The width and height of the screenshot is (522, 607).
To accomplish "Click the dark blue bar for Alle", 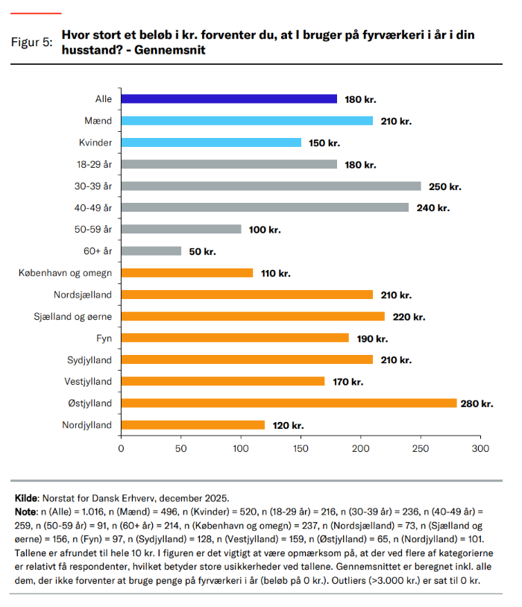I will coord(229,99).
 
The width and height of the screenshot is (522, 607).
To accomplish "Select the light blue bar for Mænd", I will coord(247,121).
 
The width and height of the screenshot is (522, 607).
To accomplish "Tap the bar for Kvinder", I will coord(211,142).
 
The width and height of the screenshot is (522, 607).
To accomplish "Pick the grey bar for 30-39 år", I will coord(271,186).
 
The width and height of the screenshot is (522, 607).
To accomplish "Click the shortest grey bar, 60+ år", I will coord(151,251).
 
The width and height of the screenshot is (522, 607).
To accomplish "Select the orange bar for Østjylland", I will coord(289,403).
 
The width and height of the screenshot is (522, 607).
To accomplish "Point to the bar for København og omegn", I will coord(187,273).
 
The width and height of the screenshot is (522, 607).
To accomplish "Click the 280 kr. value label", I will coord(478,403).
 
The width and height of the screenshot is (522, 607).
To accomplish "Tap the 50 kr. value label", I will coord(201,251).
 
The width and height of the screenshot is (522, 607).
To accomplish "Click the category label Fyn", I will coord(104,338).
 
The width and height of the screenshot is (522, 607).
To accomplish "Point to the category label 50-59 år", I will coord(93,230).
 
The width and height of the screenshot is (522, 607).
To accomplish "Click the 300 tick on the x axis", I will coord(481,449).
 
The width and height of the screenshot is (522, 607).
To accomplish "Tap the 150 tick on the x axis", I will coord(301,449).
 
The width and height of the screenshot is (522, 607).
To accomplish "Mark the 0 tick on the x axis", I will coord(121,449).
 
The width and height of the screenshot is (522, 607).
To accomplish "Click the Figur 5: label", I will coord(31,42).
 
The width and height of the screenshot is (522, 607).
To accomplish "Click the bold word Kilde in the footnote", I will coord(28,497).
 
